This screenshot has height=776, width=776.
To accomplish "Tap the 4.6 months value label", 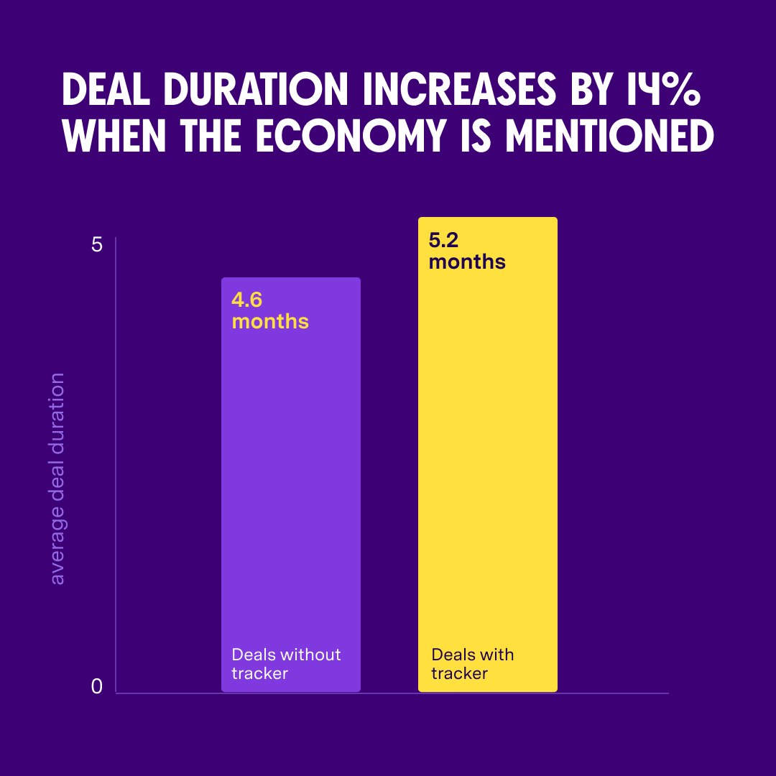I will click(x=270, y=310).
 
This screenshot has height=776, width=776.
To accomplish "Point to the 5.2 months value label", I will click(x=467, y=251).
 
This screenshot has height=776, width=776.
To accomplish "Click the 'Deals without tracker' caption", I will click(x=286, y=664).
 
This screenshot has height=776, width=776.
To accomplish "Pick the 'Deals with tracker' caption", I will click(x=473, y=664).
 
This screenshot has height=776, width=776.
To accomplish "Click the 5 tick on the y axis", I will click(x=97, y=245).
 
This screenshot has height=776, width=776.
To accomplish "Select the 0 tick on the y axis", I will click(x=97, y=687).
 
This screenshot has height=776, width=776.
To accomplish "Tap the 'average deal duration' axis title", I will click(x=57, y=478).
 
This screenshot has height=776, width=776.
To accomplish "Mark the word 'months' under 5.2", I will click(x=467, y=262).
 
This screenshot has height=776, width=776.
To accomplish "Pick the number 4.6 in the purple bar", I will click(x=246, y=300).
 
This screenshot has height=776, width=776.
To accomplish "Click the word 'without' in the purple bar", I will click(x=310, y=655).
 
